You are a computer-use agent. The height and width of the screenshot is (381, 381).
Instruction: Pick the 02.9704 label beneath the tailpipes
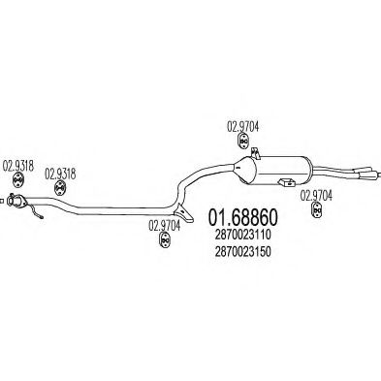coord(315,194)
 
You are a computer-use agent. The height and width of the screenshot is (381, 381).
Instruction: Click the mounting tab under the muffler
coord(286,182)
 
